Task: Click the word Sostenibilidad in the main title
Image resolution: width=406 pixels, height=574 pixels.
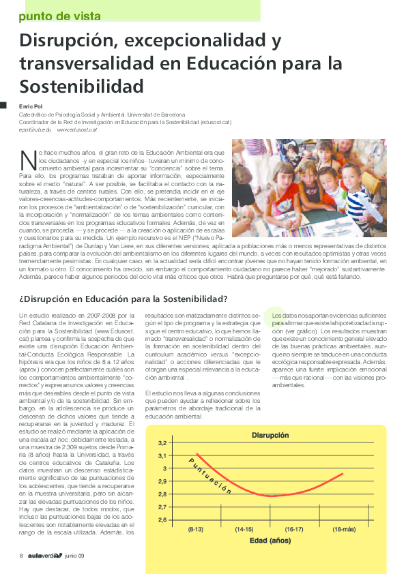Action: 82,87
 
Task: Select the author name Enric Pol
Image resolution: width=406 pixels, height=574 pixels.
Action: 31,106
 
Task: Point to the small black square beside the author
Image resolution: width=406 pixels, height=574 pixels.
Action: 3,105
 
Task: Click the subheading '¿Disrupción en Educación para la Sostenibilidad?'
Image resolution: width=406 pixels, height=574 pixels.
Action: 123,298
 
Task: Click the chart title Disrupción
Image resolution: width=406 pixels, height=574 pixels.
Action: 270,434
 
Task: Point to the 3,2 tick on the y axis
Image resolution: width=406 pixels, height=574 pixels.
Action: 162,443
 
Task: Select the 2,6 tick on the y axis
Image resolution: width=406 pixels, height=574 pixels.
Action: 162,520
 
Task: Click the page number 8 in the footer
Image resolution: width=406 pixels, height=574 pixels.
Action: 21,555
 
